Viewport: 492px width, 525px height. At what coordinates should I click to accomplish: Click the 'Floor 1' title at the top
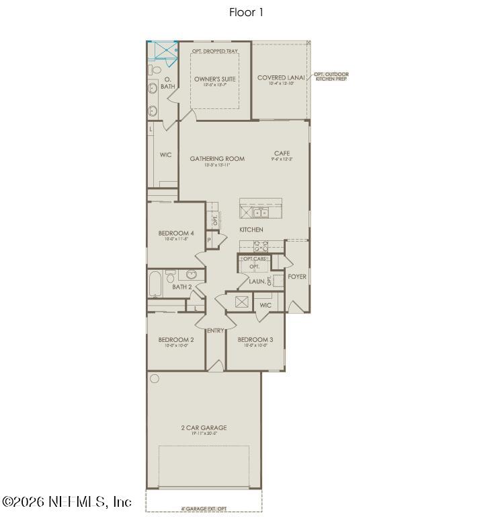[245, 12]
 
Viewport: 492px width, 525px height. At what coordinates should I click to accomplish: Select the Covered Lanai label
[281, 78]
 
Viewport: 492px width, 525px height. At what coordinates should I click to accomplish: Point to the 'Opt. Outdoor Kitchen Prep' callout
[331, 77]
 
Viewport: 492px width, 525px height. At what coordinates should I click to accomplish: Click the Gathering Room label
[216, 159]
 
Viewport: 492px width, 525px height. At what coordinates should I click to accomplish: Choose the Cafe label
[282, 153]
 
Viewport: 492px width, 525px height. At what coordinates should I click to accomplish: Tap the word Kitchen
[251, 230]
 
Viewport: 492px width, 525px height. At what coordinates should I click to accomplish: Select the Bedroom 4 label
[176, 234]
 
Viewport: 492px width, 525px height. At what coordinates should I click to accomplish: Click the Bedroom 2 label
[176, 340]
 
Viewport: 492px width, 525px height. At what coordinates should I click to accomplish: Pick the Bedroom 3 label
[255, 340]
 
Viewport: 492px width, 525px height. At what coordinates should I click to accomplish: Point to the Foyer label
[297, 277]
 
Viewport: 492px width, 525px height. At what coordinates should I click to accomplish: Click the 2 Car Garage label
[204, 427]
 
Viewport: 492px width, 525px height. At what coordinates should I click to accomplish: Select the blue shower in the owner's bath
[163, 51]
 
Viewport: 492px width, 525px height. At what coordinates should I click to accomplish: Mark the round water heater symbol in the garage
[155, 378]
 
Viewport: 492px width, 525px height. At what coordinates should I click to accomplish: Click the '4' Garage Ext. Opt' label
[204, 508]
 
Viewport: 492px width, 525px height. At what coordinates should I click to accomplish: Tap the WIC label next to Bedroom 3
[265, 306]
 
